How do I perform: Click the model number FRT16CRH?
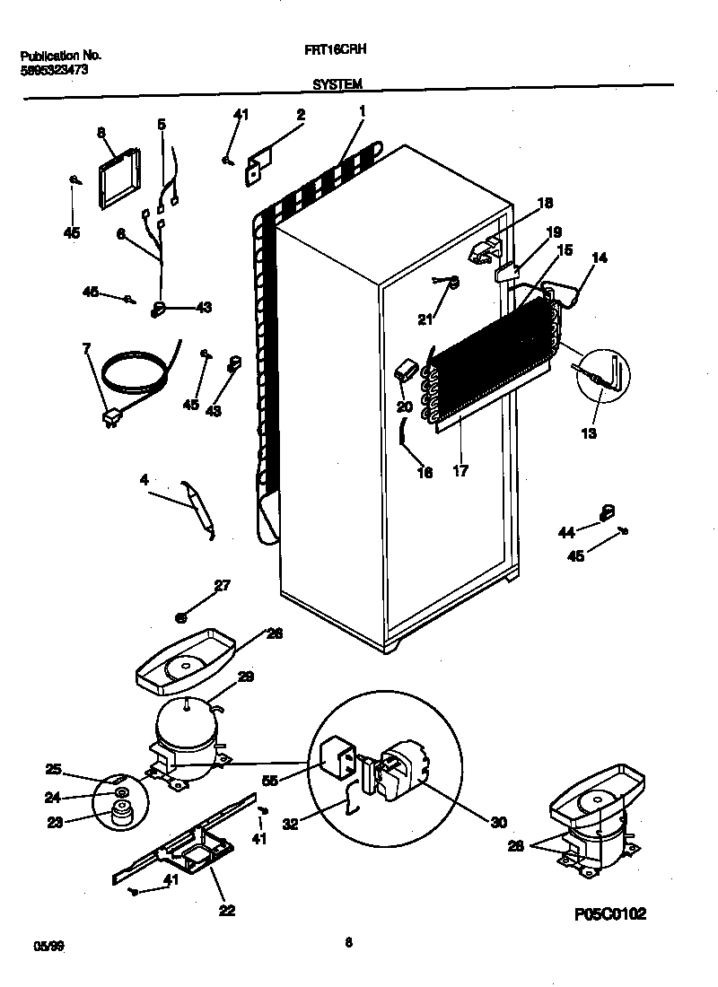tap(337, 53)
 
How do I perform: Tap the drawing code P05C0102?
tap(610, 913)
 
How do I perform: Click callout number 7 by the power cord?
tap(87, 348)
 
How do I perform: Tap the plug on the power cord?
tap(112, 415)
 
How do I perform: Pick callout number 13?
tap(588, 434)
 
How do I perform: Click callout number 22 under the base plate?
tap(226, 910)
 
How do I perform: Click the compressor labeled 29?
tap(186, 727)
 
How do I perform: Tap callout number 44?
tap(566, 532)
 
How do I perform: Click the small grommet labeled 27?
tap(181, 617)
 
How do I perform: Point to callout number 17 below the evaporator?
tap(460, 470)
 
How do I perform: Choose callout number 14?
tap(599, 258)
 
